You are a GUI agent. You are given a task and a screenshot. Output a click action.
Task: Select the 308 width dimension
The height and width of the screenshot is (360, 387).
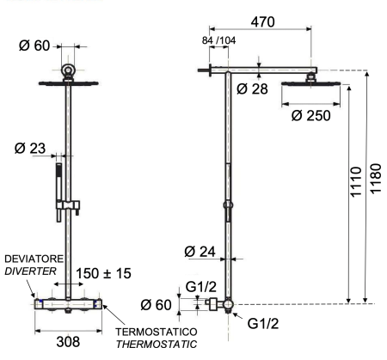[69, 341]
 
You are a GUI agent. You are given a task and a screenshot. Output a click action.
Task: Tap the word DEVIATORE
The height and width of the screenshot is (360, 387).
[30, 258]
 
